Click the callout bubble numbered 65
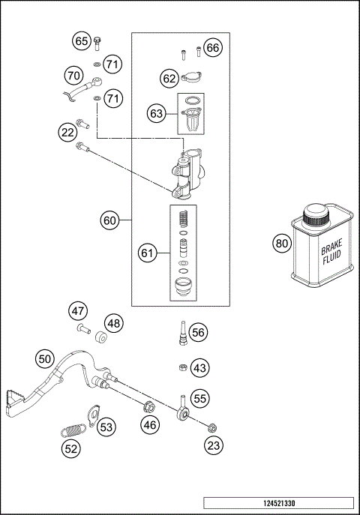pos(81,41)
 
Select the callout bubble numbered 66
pos(213,48)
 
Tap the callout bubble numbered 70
pos(73,76)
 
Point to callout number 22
pos(68,133)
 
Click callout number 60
pos(110,220)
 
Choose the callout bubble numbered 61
pos(148,254)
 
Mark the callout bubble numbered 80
pos(281,243)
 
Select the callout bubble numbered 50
pos(44,359)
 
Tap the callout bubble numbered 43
pos(200,368)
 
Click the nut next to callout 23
pos(211,428)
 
